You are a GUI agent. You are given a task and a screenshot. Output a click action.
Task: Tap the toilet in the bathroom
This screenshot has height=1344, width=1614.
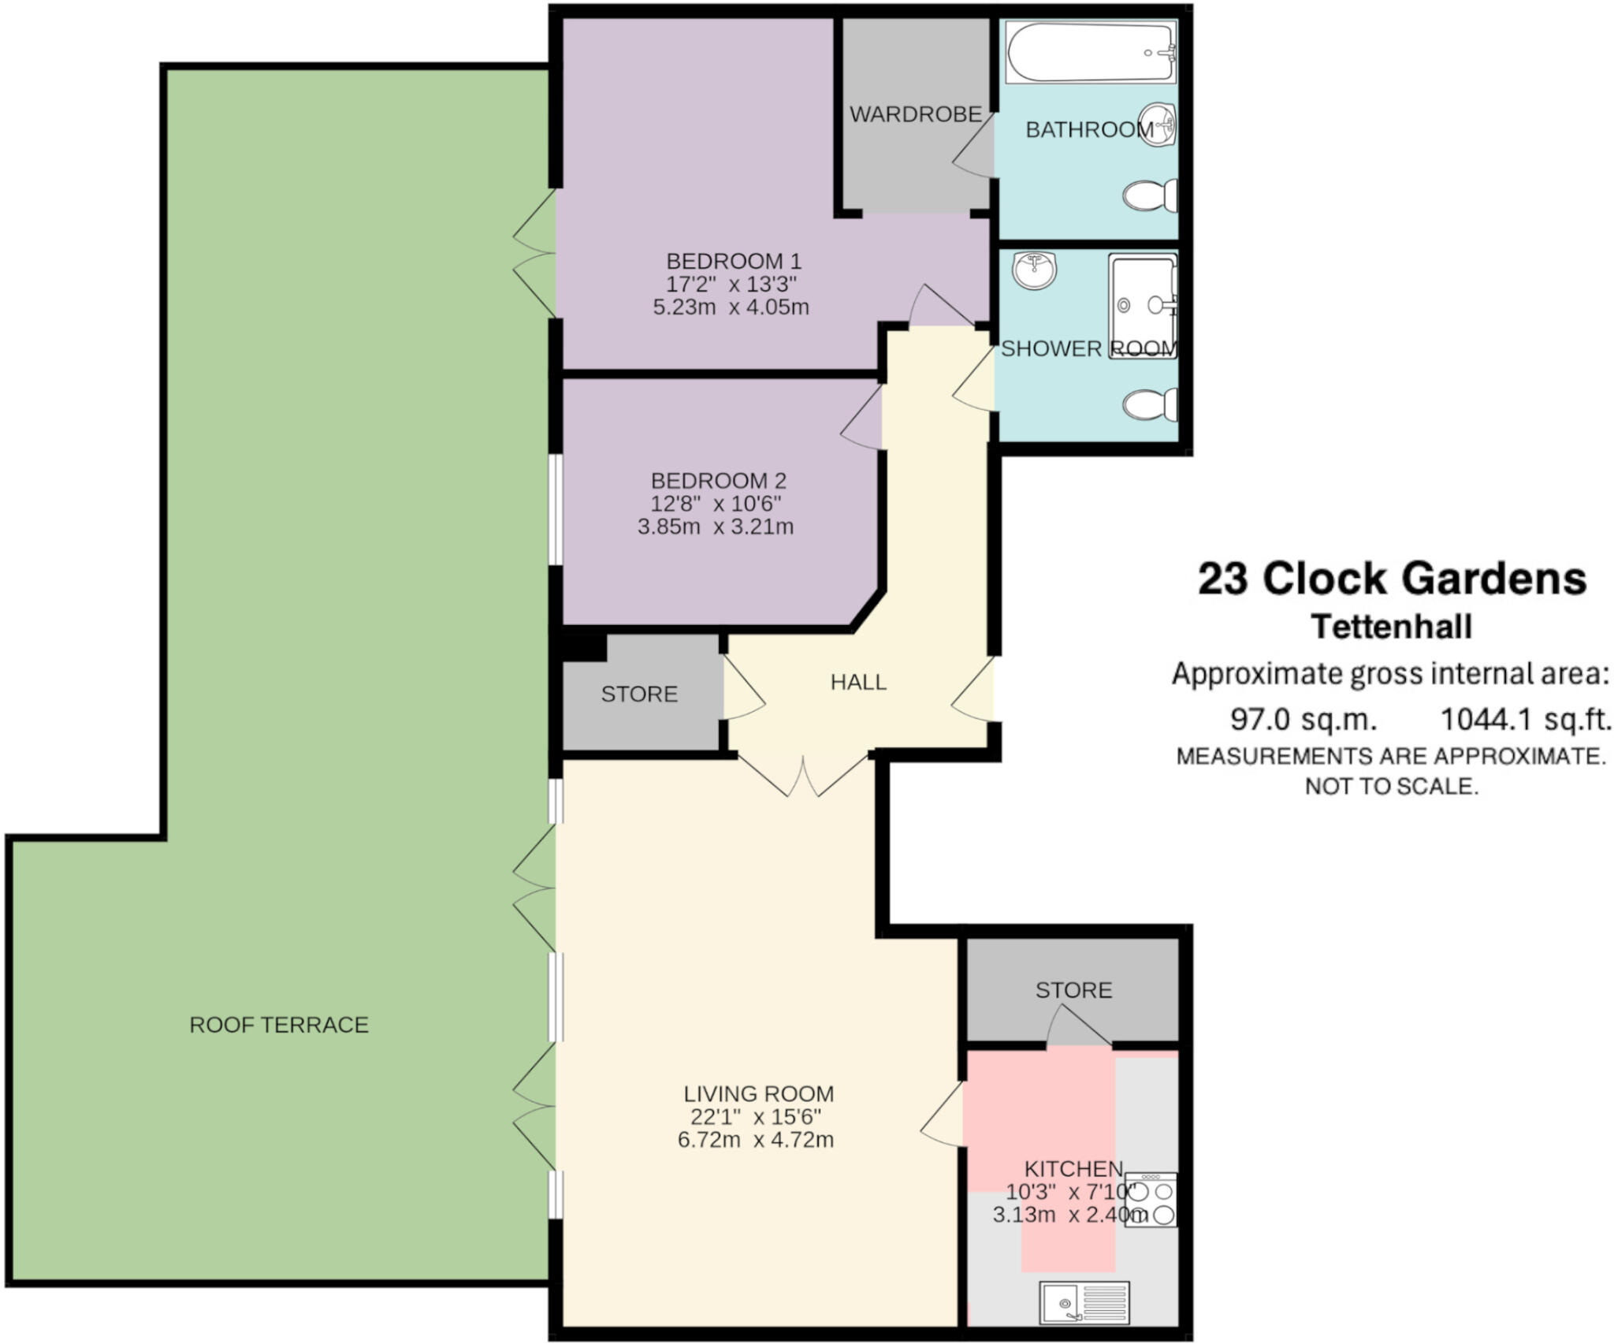pyautogui.click(x=1151, y=195)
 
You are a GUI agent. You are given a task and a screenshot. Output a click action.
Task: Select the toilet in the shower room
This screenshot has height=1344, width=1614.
pyautogui.click(x=1151, y=405)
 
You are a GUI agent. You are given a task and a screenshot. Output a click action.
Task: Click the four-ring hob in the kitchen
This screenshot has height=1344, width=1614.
pyautogui.click(x=1151, y=1199)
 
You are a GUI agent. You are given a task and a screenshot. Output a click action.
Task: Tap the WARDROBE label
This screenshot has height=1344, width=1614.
pyautogui.click(x=915, y=114)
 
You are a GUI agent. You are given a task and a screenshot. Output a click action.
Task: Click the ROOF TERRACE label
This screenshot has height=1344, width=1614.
pyautogui.click(x=279, y=1025)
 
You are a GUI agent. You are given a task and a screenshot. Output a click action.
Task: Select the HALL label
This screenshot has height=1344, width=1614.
pyautogui.click(x=858, y=682)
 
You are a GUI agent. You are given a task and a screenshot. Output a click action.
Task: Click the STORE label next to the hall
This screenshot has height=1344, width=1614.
pyautogui.click(x=639, y=694)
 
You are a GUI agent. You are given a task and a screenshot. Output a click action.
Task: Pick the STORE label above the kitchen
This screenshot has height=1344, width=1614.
pyautogui.click(x=1073, y=990)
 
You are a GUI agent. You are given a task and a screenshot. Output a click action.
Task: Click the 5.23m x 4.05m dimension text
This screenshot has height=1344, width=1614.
pyautogui.click(x=731, y=307)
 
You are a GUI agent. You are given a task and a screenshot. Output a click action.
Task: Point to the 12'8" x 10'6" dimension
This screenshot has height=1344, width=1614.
pyautogui.click(x=716, y=504)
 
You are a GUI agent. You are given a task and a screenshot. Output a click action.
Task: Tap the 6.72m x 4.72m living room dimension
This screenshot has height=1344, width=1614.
pyautogui.click(x=755, y=1139)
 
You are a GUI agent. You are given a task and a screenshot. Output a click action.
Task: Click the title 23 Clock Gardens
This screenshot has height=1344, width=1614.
pyautogui.click(x=1392, y=579)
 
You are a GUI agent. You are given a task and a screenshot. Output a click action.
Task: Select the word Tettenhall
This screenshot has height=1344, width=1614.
pyautogui.click(x=1392, y=627)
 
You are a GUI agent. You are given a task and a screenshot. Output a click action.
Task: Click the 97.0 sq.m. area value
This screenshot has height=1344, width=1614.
pyautogui.click(x=1303, y=719)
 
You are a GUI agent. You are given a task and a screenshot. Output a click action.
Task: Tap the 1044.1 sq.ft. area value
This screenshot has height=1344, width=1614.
pyautogui.click(x=1525, y=719)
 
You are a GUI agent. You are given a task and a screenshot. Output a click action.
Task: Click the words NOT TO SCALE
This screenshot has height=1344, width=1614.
pyautogui.click(x=1392, y=786)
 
